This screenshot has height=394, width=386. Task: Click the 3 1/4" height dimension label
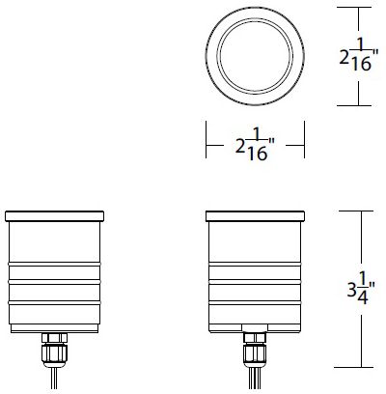[x=361, y=289]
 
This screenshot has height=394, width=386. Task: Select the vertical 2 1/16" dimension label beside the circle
[x=359, y=55]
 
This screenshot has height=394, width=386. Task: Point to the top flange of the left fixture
[x=55, y=216]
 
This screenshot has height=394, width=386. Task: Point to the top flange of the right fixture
[x=255, y=216]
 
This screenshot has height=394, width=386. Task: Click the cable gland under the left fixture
[x=54, y=351]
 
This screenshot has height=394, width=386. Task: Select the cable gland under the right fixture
[x=255, y=351]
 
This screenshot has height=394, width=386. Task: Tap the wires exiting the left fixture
[x=54, y=379]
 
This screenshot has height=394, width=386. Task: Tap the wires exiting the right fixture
[x=255, y=379]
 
